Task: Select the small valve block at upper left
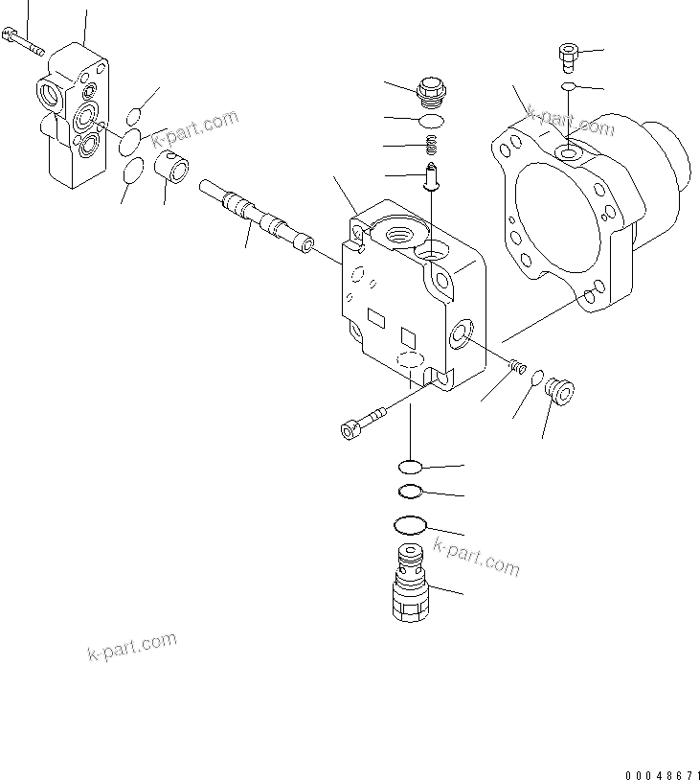74,115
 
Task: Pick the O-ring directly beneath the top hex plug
432,121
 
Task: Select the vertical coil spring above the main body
432,146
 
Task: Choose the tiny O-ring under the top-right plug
568,87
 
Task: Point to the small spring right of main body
518,365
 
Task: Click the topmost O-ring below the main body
409,467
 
